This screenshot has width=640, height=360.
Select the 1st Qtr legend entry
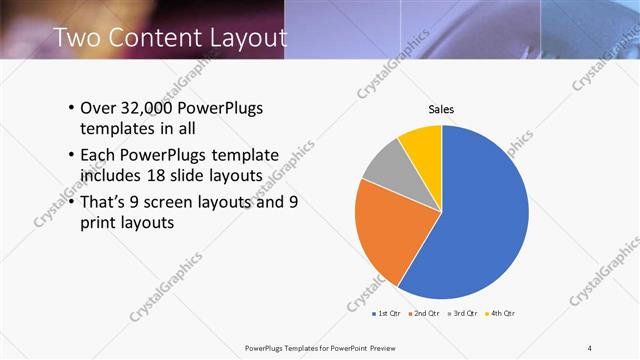pos(386,313)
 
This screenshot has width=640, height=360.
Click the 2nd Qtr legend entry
pos(425,313)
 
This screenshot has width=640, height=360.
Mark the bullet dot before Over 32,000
pos(71,108)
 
